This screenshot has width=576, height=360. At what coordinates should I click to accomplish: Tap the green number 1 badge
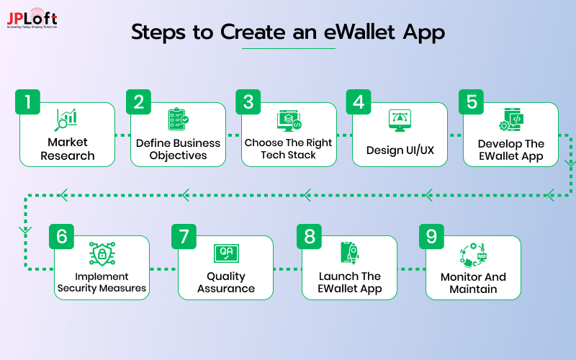click(28, 102)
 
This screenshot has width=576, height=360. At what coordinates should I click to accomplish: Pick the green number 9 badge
click(431, 235)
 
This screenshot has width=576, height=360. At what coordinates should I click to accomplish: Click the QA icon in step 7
click(226, 253)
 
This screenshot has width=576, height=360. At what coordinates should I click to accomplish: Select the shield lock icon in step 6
click(102, 254)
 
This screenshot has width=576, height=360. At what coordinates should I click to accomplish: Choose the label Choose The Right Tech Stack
click(288, 148)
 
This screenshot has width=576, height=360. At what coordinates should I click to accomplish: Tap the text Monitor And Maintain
click(473, 283)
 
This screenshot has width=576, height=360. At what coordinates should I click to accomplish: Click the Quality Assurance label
click(226, 282)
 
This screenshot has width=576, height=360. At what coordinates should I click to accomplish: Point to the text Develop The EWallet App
click(511, 149)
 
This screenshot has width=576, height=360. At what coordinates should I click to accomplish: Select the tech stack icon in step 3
click(289, 120)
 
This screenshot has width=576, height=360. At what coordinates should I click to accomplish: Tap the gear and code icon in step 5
click(511, 120)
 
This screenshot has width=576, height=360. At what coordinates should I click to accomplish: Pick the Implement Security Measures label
click(102, 282)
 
